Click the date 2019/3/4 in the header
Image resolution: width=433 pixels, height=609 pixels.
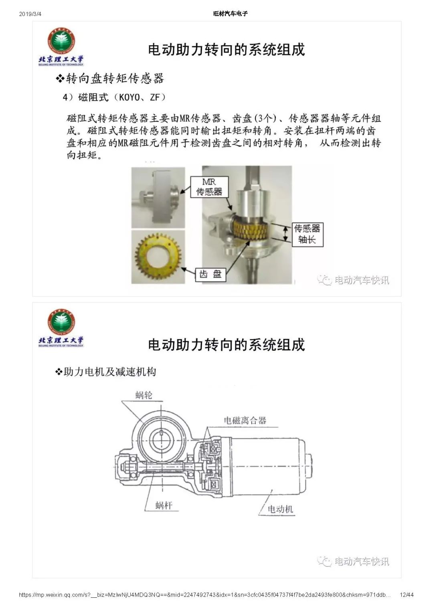(x=30, y=14)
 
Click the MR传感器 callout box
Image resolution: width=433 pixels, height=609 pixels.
(x=209, y=187)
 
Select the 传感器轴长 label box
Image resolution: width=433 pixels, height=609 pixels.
(x=308, y=235)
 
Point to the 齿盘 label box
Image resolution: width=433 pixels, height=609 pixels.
(x=210, y=274)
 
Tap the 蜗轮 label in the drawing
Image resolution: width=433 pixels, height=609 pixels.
(x=144, y=395)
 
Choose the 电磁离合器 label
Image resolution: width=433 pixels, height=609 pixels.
(x=245, y=421)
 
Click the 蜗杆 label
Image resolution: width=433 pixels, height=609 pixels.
(x=164, y=506)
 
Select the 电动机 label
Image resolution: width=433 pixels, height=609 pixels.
(x=280, y=509)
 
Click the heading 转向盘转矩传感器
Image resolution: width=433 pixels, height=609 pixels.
(x=115, y=79)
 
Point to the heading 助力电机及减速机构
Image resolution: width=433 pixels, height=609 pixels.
(x=110, y=372)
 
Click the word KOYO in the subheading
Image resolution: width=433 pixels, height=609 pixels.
(x=129, y=97)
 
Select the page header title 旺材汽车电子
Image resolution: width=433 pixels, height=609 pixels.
(x=231, y=14)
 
